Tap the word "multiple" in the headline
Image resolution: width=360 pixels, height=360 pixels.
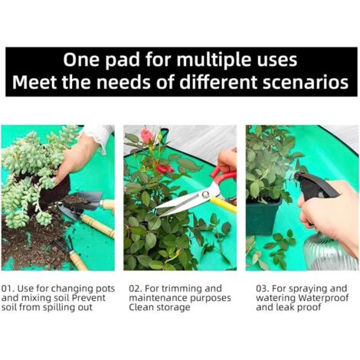(x=201, y=60)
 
